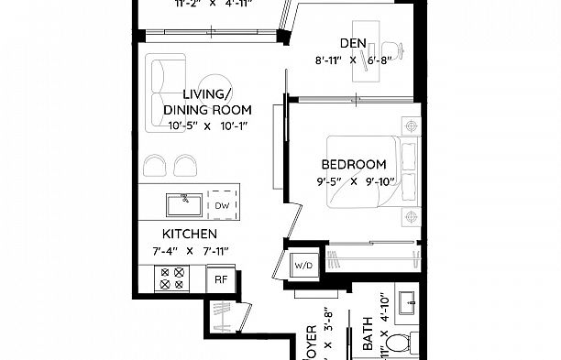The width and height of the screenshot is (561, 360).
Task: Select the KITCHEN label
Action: pyautogui.click(x=190, y=234)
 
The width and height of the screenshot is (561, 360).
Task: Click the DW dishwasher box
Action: pyautogui.click(x=223, y=205)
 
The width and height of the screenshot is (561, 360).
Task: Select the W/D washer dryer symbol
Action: pyautogui.click(x=302, y=266)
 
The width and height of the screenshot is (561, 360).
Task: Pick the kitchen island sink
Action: pyautogui.click(x=184, y=202)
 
